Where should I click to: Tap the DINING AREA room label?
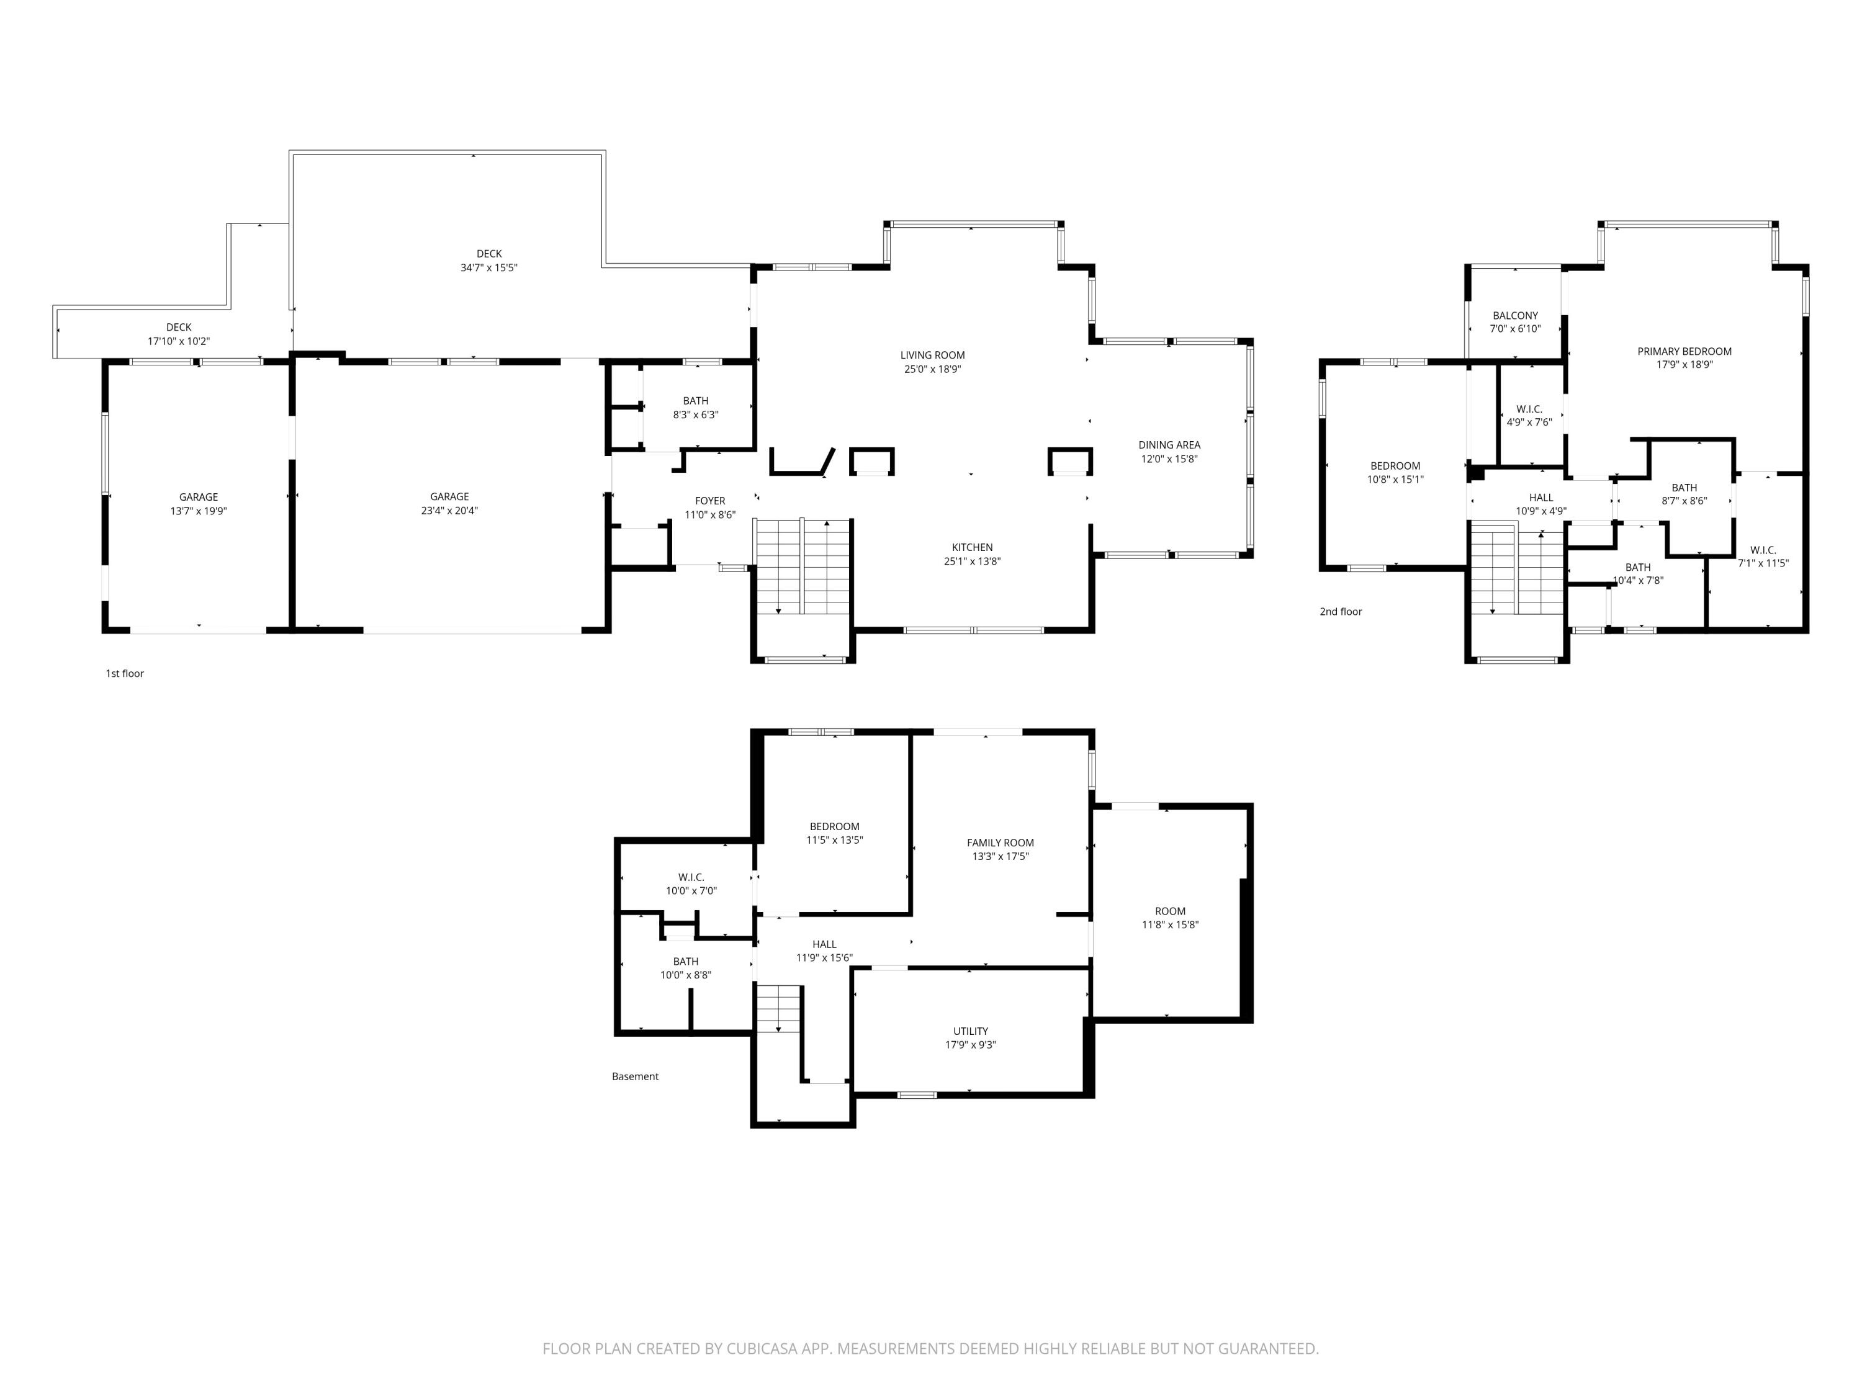(x=1169, y=445)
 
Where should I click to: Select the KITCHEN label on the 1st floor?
(x=972, y=548)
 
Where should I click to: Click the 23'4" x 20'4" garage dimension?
(x=449, y=511)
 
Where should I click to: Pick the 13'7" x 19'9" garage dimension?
(x=199, y=511)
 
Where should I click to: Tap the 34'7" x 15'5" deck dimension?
(x=489, y=267)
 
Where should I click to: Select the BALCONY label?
(x=1515, y=316)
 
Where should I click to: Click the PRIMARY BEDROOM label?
(x=1684, y=352)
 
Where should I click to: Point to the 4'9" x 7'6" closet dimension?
(x=1529, y=423)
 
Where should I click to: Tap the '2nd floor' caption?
(x=1341, y=612)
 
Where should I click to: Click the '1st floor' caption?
(x=125, y=674)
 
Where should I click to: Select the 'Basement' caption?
(x=636, y=1076)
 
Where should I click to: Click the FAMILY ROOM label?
(x=1000, y=843)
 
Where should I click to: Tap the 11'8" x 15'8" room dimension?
(x=1170, y=925)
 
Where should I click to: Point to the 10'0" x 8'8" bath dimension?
(x=686, y=975)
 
